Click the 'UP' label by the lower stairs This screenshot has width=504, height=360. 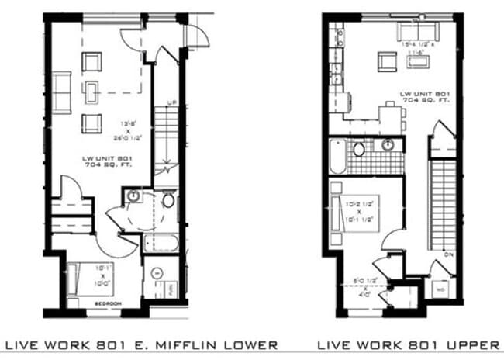tap(171, 102)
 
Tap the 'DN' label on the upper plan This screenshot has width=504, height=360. tap(447, 253)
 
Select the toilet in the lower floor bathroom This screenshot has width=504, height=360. tap(168, 201)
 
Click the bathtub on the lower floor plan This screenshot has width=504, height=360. tap(164, 242)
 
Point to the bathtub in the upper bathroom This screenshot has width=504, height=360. tap(337, 157)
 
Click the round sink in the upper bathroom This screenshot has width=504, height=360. tap(388, 145)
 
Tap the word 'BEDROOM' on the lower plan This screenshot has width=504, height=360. tap(106, 303)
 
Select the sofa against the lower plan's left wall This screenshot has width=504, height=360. tap(63, 87)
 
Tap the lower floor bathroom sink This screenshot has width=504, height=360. tap(133, 196)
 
